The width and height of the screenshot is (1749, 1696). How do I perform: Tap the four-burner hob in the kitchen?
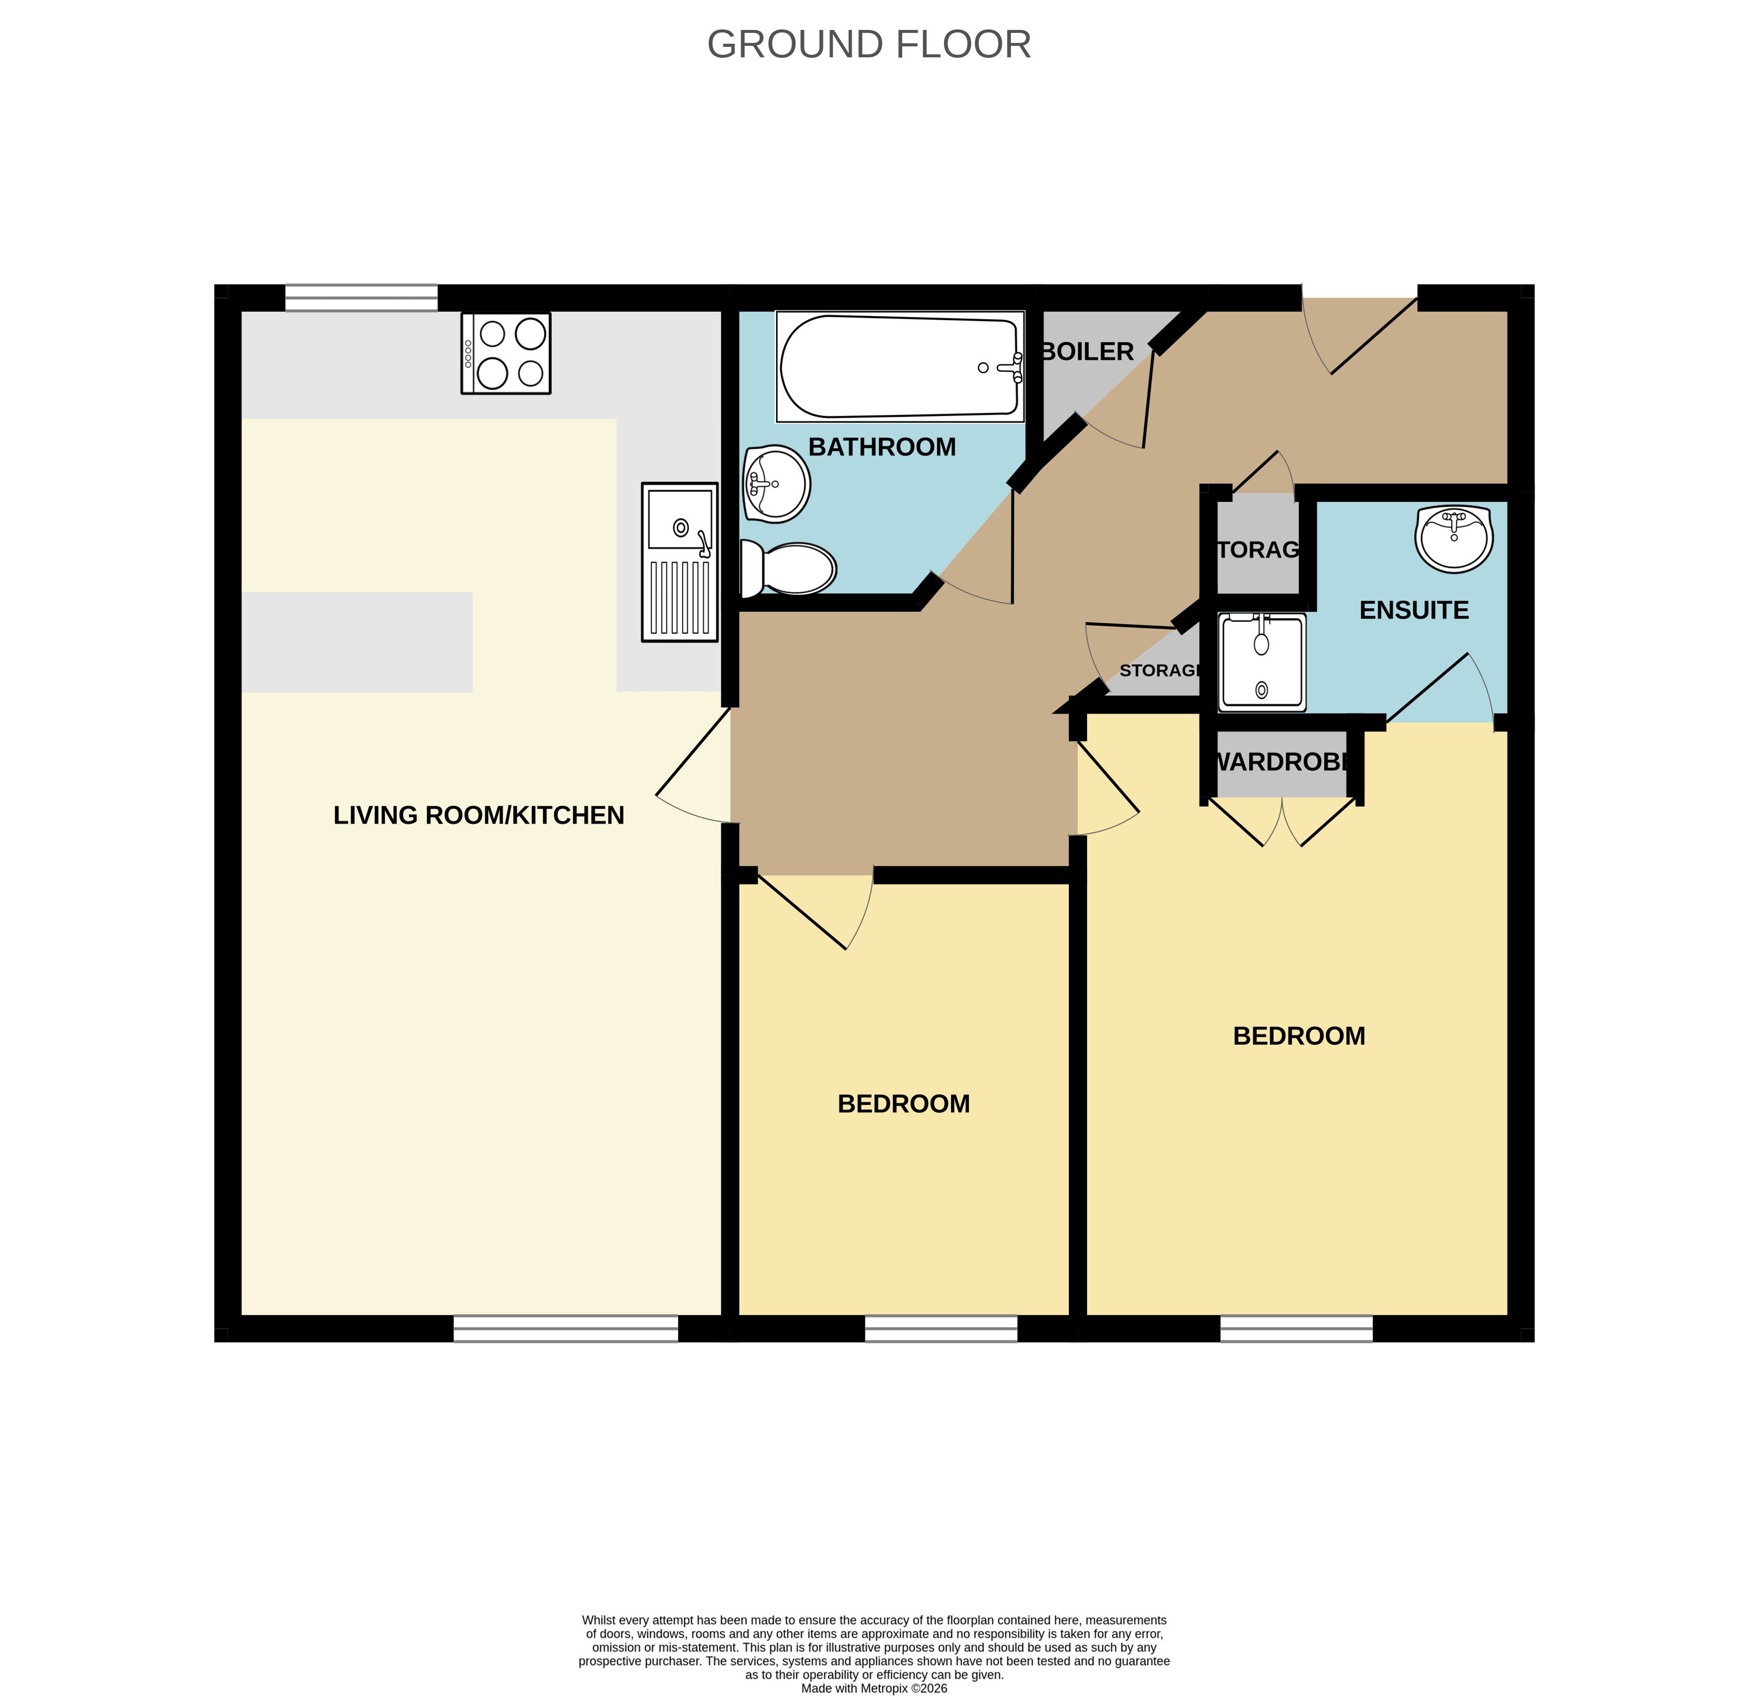point(506,353)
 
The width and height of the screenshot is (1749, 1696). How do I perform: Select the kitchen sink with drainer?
point(680,562)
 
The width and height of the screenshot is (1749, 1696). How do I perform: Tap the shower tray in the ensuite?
point(1262,662)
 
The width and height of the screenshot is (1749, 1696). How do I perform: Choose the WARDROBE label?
point(1281,762)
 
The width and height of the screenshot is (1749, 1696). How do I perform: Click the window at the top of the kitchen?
point(362,298)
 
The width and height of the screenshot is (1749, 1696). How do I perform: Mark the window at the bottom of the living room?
point(566,1329)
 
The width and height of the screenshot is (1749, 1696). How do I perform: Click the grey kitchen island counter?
point(357,643)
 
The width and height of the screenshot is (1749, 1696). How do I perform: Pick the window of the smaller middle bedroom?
point(942,1329)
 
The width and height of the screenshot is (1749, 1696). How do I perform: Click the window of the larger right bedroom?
point(1297,1329)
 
